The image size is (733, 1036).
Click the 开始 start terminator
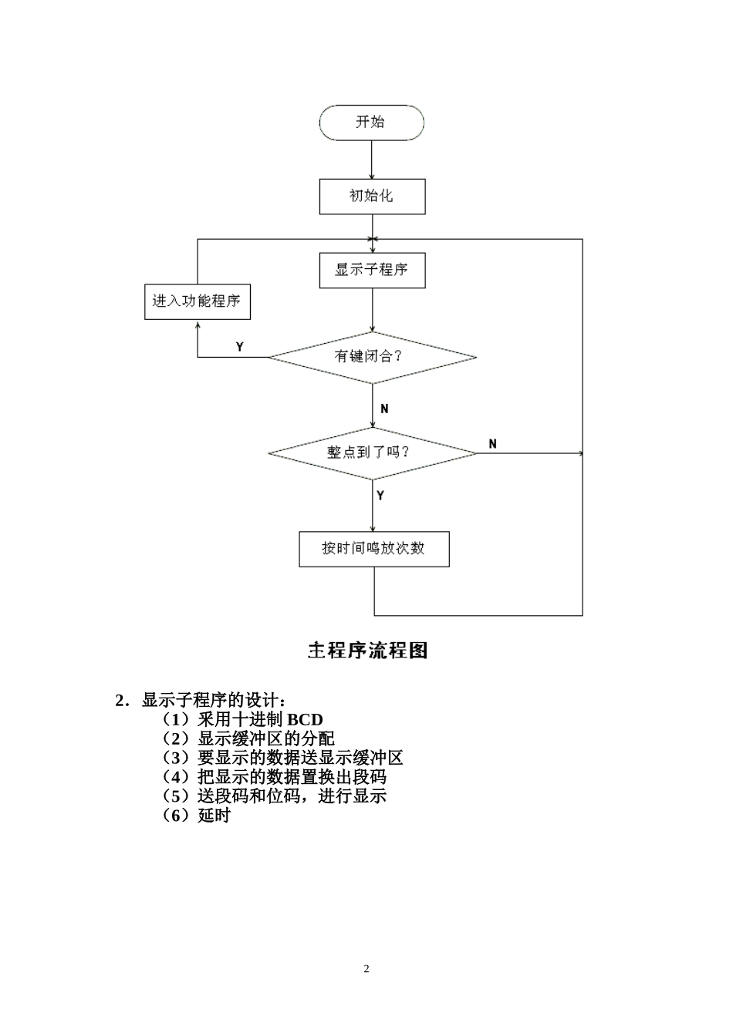coord(371,123)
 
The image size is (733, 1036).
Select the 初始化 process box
coord(372,197)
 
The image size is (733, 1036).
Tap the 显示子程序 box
coord(372,271)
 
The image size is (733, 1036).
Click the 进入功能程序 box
coord(198,301)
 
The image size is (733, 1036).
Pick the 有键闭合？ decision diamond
coord(372,357)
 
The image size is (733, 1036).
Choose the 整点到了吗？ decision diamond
coord(372,452)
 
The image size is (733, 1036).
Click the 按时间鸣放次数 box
coord(373,549)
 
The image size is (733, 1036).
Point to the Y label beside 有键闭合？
coord(240,347)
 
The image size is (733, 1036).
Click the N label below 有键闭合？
coord(384,409)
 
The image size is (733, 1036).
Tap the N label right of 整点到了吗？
coord(493,443)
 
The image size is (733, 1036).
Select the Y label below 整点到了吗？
coord(380,496)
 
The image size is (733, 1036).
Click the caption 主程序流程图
coord(367,651)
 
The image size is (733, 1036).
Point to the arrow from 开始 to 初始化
coord(372,160)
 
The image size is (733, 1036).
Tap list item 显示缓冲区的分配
coord(265,738)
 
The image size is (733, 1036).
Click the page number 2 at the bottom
coord(366,969)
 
